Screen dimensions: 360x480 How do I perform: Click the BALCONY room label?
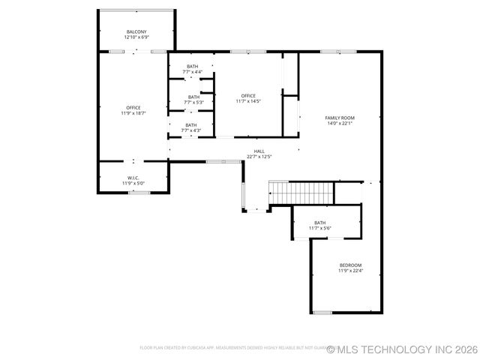click(x=136, y=31)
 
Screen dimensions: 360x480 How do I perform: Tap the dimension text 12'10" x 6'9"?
click(x=136, y=37)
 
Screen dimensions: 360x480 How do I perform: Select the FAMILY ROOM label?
click(x=340, y=118)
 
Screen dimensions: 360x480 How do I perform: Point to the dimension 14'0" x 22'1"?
click(x=340, y=123)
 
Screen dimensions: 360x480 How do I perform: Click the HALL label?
click(x=259, y=151)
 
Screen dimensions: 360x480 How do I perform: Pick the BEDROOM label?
click(x=350, y=265)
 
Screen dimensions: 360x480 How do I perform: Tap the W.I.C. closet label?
click(x=133, y=178)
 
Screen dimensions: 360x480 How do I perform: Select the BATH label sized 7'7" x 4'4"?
click(x=193, y=67)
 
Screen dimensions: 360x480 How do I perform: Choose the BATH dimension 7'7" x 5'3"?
click(x=193, y=102)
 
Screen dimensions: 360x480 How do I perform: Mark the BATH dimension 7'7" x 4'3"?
click(x=191, y=130)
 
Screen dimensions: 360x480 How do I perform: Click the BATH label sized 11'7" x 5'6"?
click(x=320, y=223)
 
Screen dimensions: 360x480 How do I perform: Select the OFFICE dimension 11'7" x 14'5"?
click(x=248, y=100)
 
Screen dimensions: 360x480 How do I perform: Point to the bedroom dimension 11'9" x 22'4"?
click(x=350, y=271)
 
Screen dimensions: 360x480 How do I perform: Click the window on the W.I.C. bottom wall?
click(x=138, y=193)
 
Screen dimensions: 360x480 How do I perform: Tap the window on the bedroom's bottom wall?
click(x=322, y=312)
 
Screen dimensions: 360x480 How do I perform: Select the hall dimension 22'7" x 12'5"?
click(x=259, y=157)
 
